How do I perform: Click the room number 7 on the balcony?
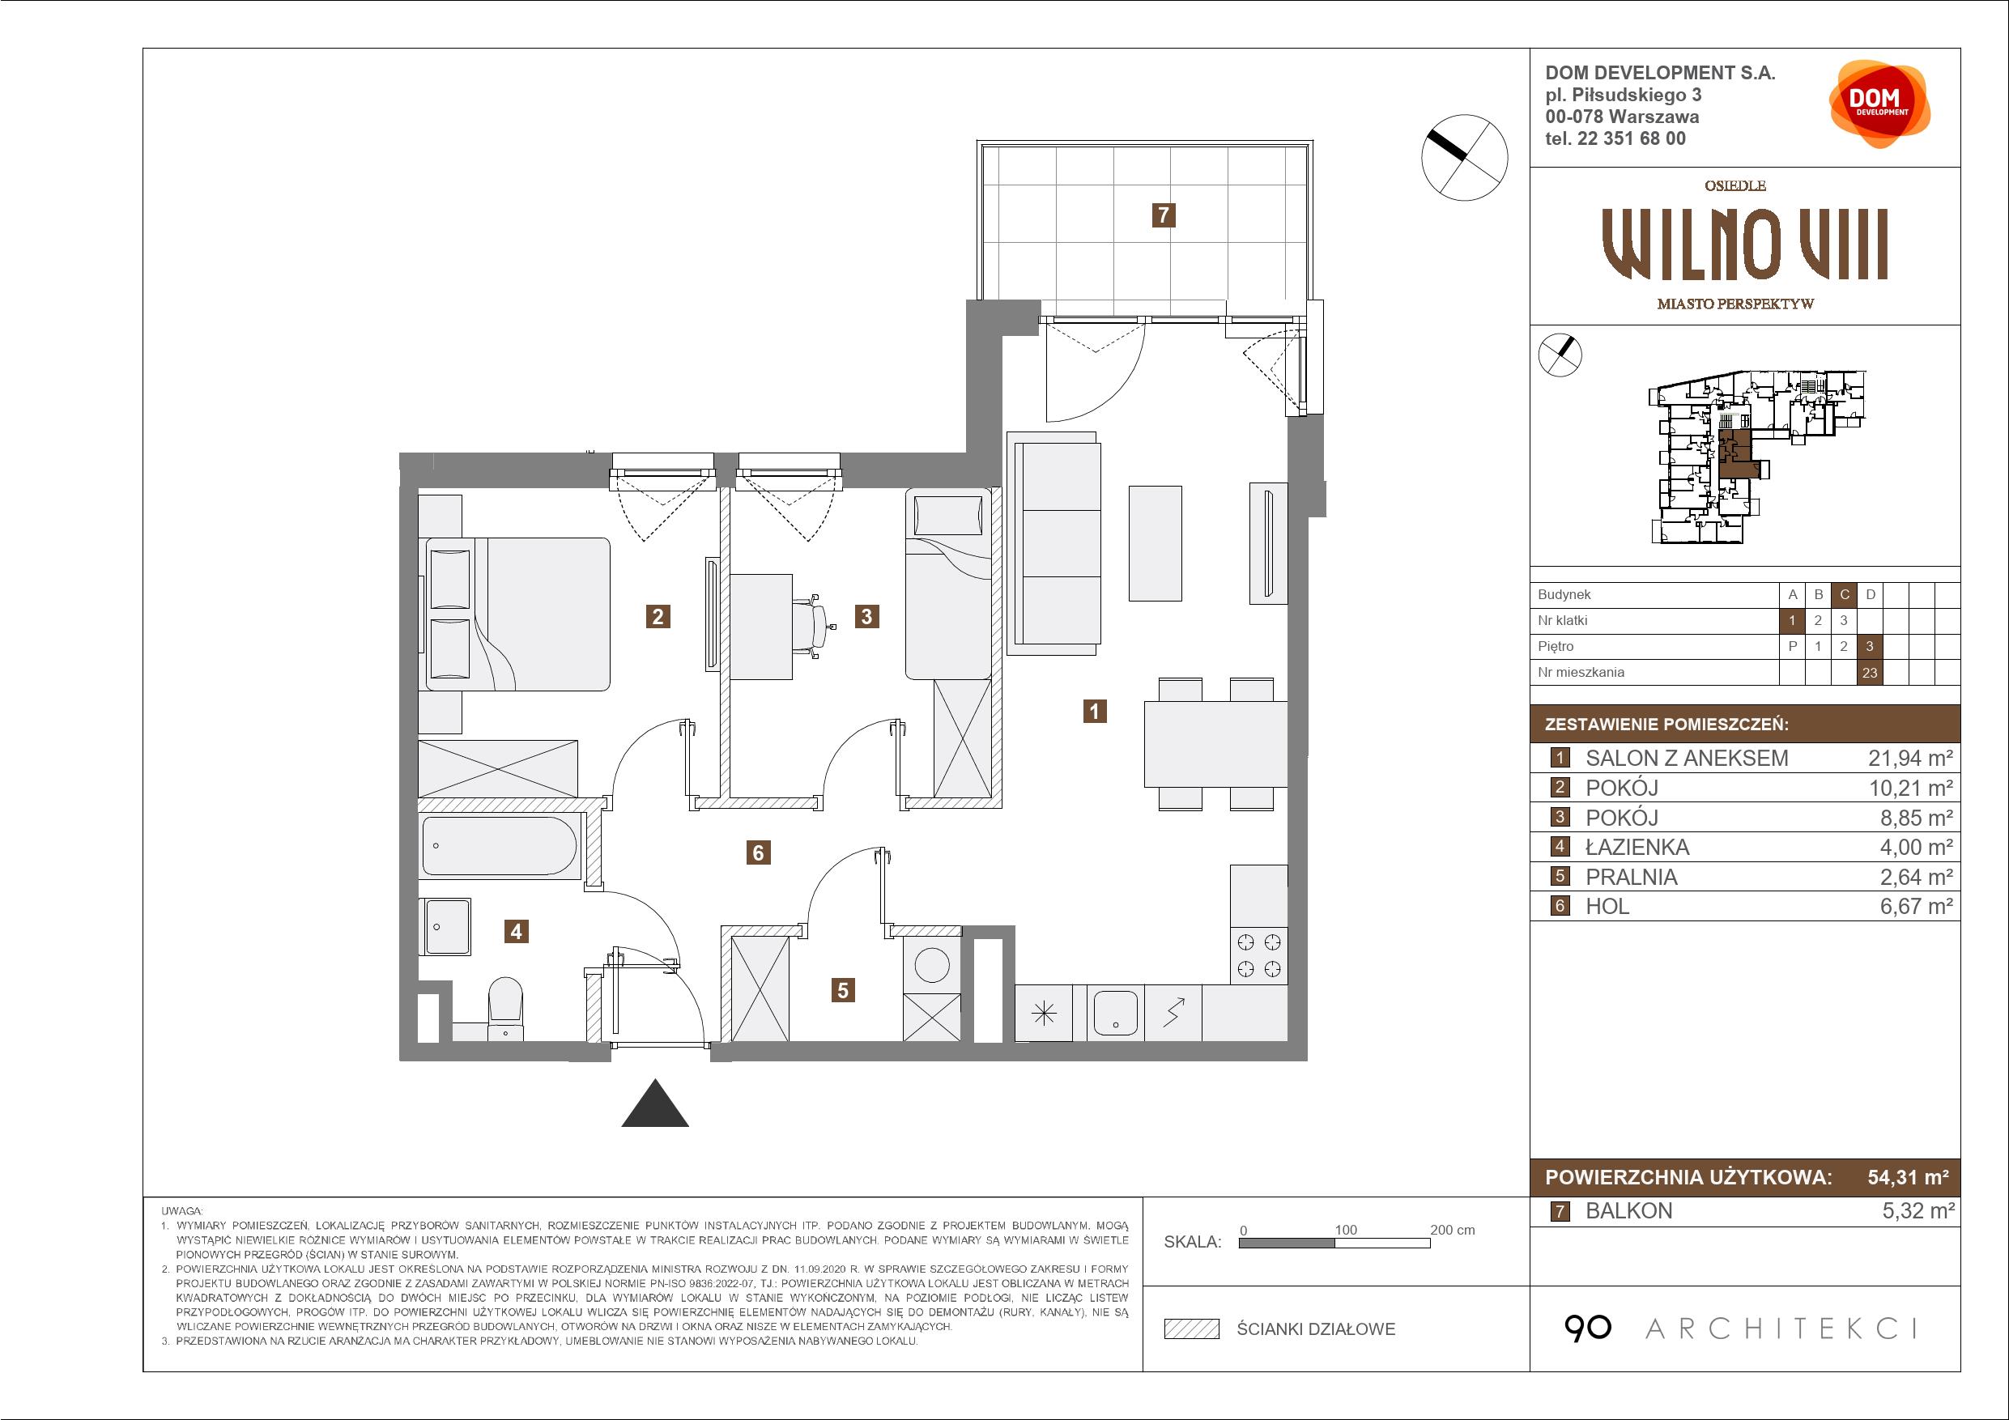1163,215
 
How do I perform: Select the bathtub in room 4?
500,846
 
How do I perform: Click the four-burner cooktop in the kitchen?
1259,955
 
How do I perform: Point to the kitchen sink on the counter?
1116,1012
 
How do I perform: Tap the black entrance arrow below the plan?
654,1103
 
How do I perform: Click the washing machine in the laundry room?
932,967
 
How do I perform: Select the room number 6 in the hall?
759,852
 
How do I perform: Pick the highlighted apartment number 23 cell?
1870,672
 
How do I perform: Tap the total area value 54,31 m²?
1908,1178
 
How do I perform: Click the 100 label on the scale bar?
1346,1229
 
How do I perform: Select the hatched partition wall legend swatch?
1192,1329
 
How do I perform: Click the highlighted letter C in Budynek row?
1845,595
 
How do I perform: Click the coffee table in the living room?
1155,543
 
